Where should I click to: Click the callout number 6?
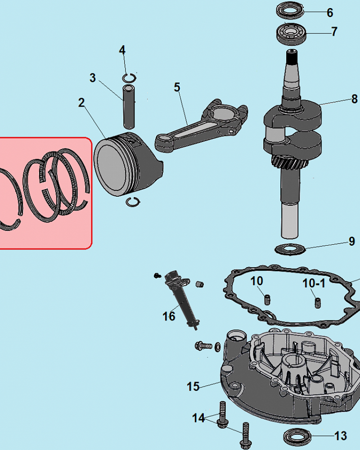330,13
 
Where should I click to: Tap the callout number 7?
334,31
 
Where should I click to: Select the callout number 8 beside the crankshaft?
355,99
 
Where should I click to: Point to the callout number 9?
352,242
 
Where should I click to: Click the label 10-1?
314,283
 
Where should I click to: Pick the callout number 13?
341,436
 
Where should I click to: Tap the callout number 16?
169,316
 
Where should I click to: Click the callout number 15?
193,387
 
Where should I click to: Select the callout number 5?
177,87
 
